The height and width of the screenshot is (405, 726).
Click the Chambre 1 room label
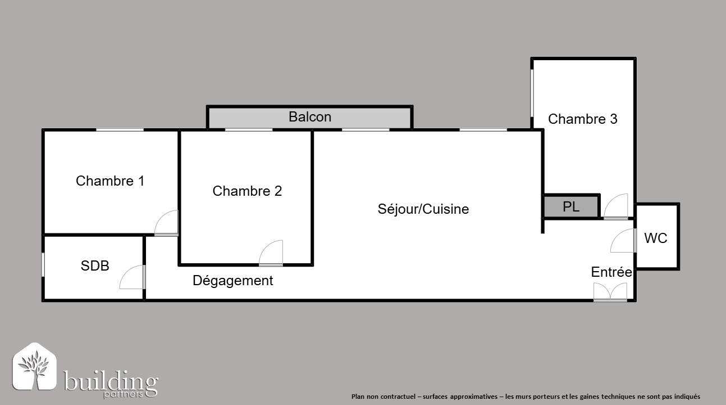[110, 181]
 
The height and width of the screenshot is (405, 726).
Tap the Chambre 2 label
[247, 191]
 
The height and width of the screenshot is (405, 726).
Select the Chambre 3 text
[582, 119]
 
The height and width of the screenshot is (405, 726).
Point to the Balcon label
[310, 117]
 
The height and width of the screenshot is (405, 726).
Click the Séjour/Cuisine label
[423, 209]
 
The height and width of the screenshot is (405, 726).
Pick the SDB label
[95, 265]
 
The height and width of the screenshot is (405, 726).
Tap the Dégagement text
[232, 280]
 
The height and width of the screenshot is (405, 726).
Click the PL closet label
[571, 206]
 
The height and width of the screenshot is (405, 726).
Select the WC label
[656, 238]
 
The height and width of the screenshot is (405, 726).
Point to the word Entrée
[611, 272]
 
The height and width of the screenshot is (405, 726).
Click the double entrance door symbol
[610, 292]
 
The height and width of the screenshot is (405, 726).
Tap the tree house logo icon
[35, 366]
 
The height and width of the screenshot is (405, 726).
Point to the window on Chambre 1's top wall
[120, 130]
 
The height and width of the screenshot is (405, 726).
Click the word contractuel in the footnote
[398, 397]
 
